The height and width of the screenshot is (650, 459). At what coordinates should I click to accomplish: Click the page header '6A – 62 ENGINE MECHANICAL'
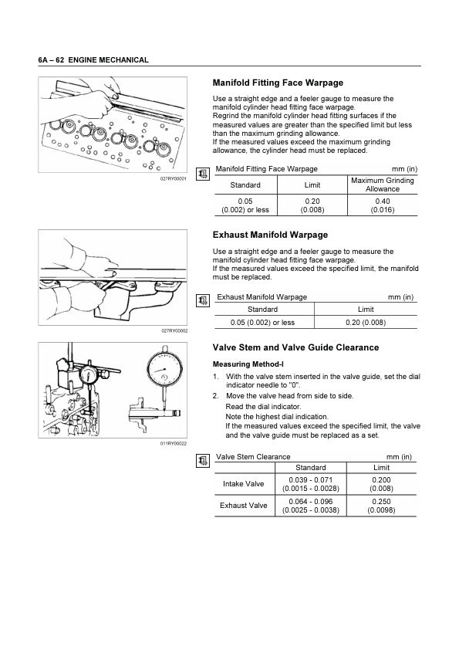[x=93, y=59]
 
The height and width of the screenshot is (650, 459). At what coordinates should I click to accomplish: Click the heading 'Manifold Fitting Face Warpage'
[x=278, y=83]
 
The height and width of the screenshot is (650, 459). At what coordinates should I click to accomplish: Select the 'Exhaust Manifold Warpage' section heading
[x=270, y=235]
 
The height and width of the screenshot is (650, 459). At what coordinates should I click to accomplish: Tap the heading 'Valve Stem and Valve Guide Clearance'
[x=295, y=347]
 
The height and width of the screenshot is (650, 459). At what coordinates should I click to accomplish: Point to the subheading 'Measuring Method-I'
[x=248, y=364]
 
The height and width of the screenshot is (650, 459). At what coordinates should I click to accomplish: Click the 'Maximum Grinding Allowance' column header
[x=383, y=185]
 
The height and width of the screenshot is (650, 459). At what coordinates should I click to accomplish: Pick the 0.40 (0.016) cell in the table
[x=383, y=205]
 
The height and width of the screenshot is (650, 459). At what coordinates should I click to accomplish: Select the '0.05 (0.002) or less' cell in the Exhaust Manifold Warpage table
[x=262, y=322]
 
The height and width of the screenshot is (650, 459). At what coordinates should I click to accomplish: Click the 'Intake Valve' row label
[x=243, y=484]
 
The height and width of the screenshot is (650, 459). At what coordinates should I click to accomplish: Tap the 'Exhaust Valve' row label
[x=243, y=506]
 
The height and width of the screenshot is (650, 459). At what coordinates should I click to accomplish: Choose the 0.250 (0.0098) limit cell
[x=381, y=506]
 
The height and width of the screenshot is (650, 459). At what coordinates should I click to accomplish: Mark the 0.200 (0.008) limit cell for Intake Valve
[x=381, y=484]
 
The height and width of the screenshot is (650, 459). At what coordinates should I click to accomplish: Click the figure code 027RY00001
[x=174, y=178]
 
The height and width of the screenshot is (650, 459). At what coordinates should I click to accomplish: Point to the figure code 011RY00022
[x=174, y=444]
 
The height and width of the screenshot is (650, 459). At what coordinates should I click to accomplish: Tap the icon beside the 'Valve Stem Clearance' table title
[x=202, y=460]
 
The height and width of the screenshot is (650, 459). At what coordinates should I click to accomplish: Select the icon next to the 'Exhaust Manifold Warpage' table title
[x=202, y=300]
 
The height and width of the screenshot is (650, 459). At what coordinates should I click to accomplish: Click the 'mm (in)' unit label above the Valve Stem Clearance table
[x=399, y=457]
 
